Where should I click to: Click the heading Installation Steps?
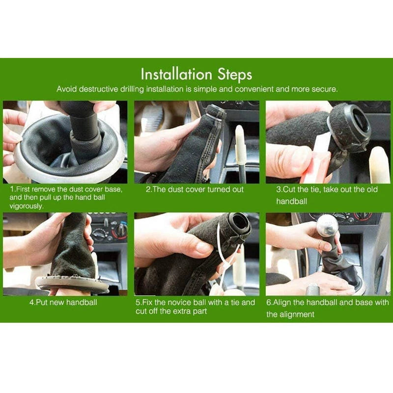click(x=196, y=74)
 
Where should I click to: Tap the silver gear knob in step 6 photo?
click(x=327, y=225)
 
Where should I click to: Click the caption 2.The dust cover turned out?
click(x=195, y=189)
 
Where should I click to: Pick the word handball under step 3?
click(x=291, y=201)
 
